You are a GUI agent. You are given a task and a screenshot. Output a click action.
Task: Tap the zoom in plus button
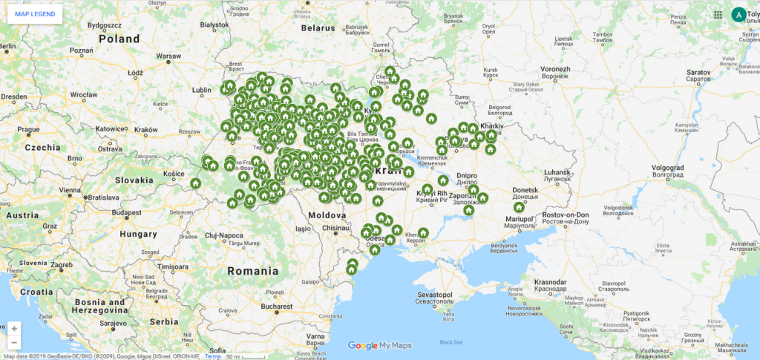coord(14,328)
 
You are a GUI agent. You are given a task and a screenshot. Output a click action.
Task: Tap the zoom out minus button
coord(14,343)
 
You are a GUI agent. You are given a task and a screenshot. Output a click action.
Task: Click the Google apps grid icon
coord(718,14)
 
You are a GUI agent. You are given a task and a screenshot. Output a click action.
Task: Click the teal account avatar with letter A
coord(738,14)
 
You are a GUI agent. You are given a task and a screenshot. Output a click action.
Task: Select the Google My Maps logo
coord(379,345)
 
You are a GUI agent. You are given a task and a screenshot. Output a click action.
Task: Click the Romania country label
coord(253,271)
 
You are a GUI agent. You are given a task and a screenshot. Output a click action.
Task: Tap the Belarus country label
coord(318,27)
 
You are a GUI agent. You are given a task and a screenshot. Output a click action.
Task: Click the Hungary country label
coord(139,234)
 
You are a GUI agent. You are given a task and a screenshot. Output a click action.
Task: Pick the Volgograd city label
coord(671,167)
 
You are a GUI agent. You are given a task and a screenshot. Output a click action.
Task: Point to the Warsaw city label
coord(168,56)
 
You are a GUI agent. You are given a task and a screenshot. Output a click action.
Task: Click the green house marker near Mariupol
coord(519,208)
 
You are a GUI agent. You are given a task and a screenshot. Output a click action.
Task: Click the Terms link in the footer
coord(213,356)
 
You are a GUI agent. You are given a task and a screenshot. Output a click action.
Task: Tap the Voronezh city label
coord(554,68)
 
